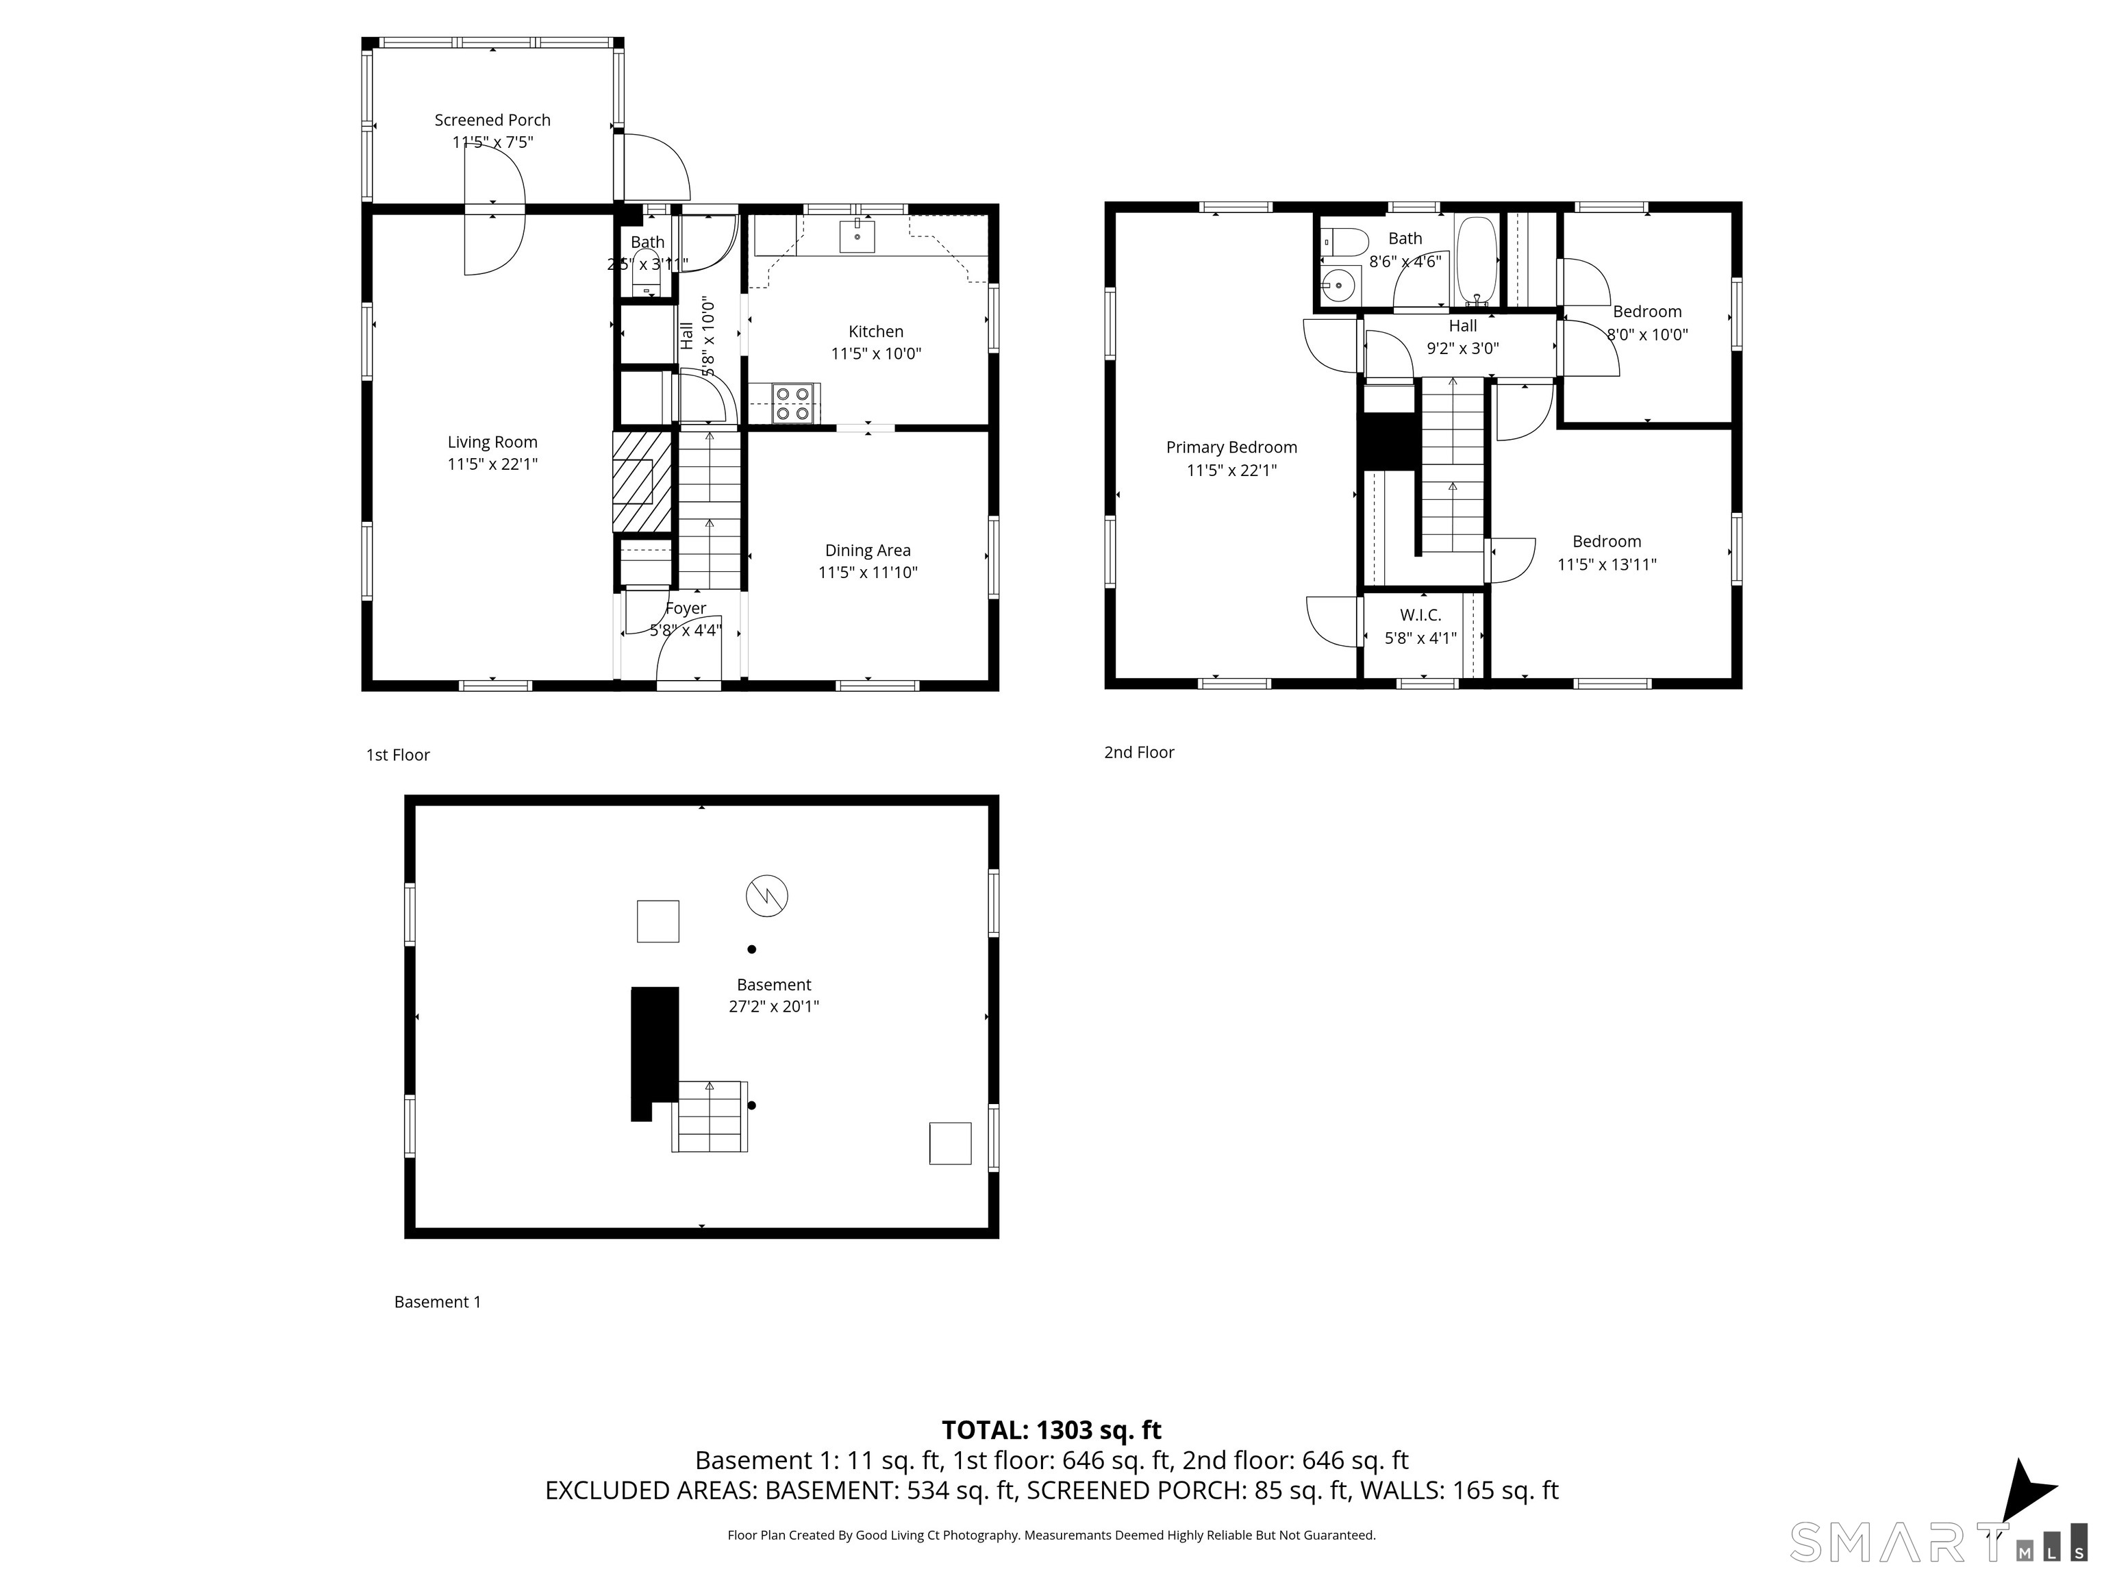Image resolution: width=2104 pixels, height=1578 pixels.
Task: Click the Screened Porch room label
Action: point(492,120)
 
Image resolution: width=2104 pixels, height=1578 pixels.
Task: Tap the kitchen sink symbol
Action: point(856,235)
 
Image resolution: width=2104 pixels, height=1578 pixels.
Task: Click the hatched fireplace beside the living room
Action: point(642,481)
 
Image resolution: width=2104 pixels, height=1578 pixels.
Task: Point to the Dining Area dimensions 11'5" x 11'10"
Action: point(868,573)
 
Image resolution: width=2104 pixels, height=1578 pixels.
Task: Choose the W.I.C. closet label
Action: point(1420,616)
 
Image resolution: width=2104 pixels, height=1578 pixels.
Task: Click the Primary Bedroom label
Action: point(1231,447)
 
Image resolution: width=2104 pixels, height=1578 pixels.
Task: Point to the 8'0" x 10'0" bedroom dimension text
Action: point(1646,335)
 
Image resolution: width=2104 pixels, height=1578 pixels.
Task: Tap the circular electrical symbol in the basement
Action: point(766,895)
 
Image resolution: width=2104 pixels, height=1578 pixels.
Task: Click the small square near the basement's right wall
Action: point(949,1143)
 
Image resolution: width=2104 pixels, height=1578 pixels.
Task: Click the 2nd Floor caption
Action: point(1138,753)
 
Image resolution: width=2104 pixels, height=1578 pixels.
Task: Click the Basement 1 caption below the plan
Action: point(438,1302)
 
